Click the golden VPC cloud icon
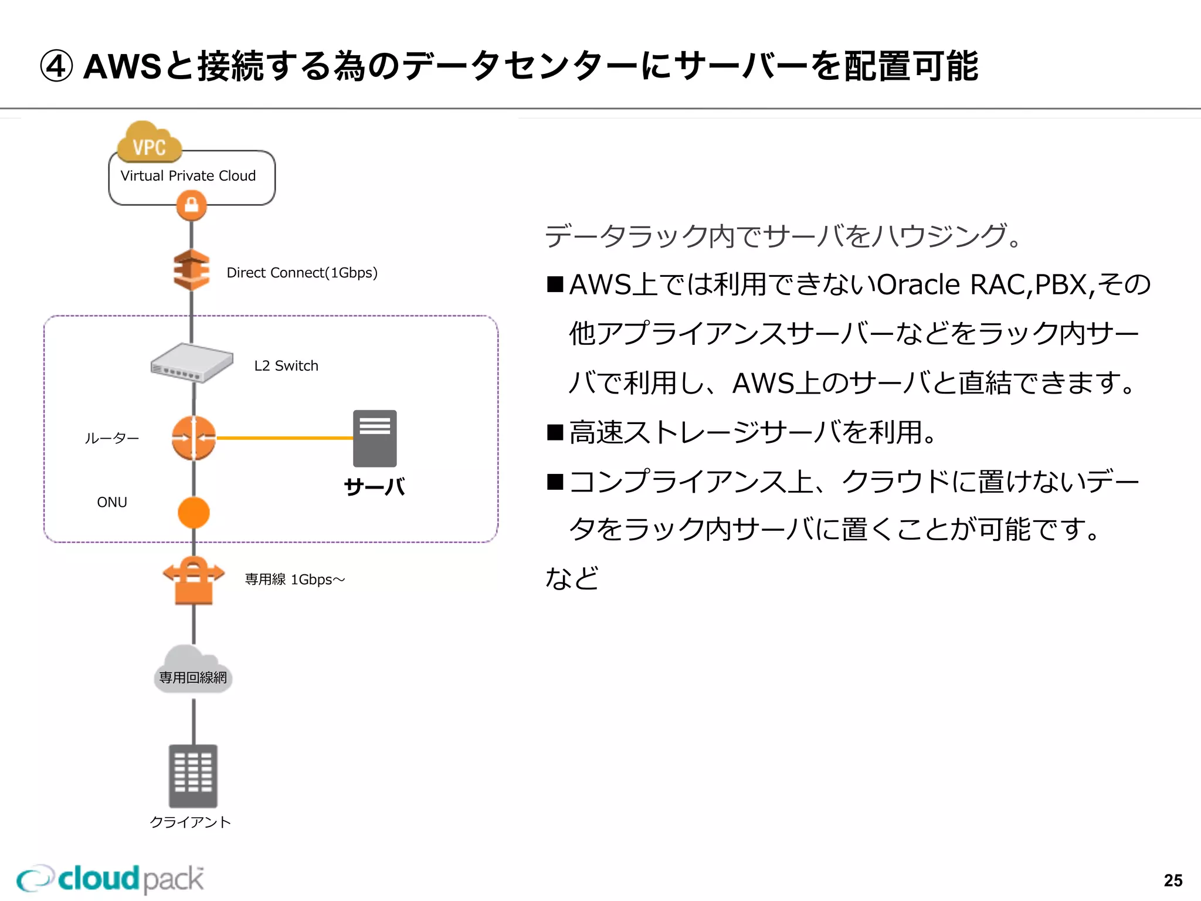coord(149,143)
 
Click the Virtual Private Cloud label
coord(188,176)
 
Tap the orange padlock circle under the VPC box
coord(192,206)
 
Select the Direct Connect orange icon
coord(192,270)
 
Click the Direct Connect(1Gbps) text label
coord(301,273)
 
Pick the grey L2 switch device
coord(192,363)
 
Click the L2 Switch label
coord(286,366)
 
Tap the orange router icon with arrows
coord(194,438)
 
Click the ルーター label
coord(111,438)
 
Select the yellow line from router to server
coord(284,438)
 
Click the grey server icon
coord(375,438)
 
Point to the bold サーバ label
coord(374,487)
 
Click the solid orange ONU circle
coord(194,513)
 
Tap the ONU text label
coord(111,502)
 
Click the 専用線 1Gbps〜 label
coord(294,580)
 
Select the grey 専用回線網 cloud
coord(193,672)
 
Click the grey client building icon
coord(193,775)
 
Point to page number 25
coord(1173,880)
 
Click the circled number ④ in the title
coord(56,66)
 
